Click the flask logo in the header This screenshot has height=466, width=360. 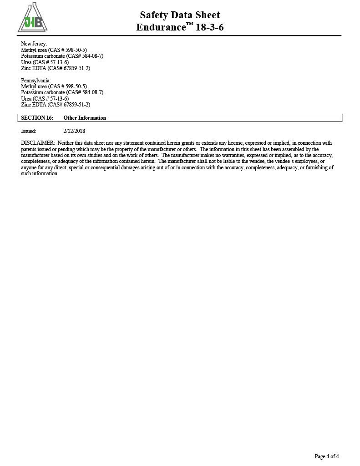coord(32,18)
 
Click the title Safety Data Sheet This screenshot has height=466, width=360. coord(180,15)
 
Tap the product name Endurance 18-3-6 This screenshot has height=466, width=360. coord(180,27)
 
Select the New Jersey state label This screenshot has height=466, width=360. coord(34,44)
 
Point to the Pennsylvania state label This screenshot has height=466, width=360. coord(36,81)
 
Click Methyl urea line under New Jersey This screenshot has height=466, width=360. coord(54,50)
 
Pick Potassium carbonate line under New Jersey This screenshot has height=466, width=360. coord(62,56)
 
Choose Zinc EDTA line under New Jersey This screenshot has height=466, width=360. coord(56,68)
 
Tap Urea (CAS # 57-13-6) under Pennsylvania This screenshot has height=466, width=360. coord(45,98)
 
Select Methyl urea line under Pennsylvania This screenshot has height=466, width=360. coord(54,86)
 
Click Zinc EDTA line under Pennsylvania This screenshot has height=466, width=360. coord(56,105)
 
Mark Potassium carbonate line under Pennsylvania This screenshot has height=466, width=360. coord(62,92)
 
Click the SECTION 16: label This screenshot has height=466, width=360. coord(37,118)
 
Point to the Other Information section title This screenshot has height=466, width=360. coord(85,118)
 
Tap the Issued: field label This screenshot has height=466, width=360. coord(29,131)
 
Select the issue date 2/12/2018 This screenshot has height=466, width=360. coord(74,131)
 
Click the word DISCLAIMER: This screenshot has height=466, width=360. coord(38,143)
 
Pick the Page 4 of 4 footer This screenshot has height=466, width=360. coord(327,456)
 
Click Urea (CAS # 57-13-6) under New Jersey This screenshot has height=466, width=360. coord(45,62)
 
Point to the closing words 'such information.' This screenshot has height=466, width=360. coord(40,174)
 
